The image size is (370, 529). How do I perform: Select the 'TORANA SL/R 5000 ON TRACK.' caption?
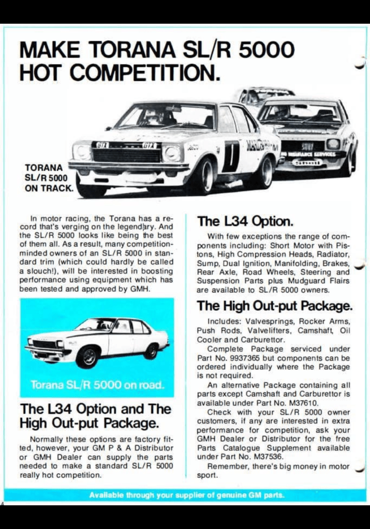(x=49, y=178)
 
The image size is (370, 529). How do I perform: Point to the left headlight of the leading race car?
(x=82, y=152)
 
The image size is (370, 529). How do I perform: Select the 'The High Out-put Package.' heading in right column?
(x=274, y=306)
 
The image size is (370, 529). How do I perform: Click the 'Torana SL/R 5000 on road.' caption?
(x=97, y=385)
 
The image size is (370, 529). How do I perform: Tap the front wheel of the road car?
(x=88, y=357)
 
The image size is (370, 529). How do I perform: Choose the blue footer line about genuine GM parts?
(x=186, y=495)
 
